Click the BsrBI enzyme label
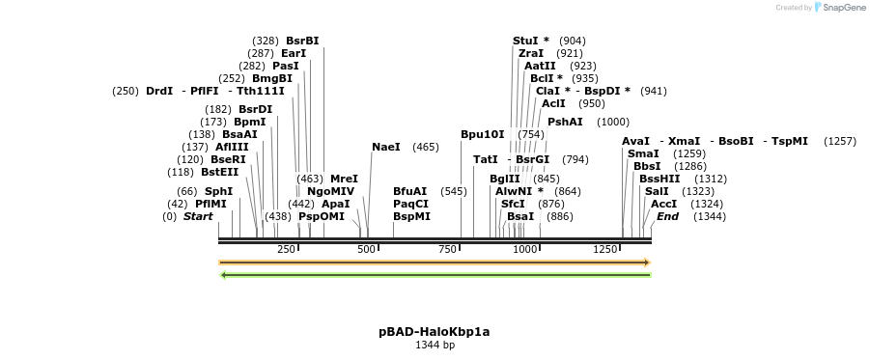click(x=302, y=41)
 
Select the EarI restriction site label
click(x=294, y=53)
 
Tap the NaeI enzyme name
click(x=385, y=147)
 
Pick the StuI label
click(x=526, y=41)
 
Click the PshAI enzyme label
click(x=565, y=122)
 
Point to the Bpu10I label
click(x=483, y=134)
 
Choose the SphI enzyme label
click(x=218, y=191)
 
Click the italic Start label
click(x=198, y=216)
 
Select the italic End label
click(x=667, y=216)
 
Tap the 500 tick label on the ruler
click(x=366, y=250)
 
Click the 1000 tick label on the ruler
click(x=524, y=250)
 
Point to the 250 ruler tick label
click(x=286, y=250)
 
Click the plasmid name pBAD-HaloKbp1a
click(x=435, y=332)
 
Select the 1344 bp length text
click(x=435, y=345)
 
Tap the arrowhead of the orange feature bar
click(x=648, y=263)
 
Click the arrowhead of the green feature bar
click(x=223, y=275)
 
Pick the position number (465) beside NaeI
click(x=426, y=147)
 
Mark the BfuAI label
click(x=409, y=191)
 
